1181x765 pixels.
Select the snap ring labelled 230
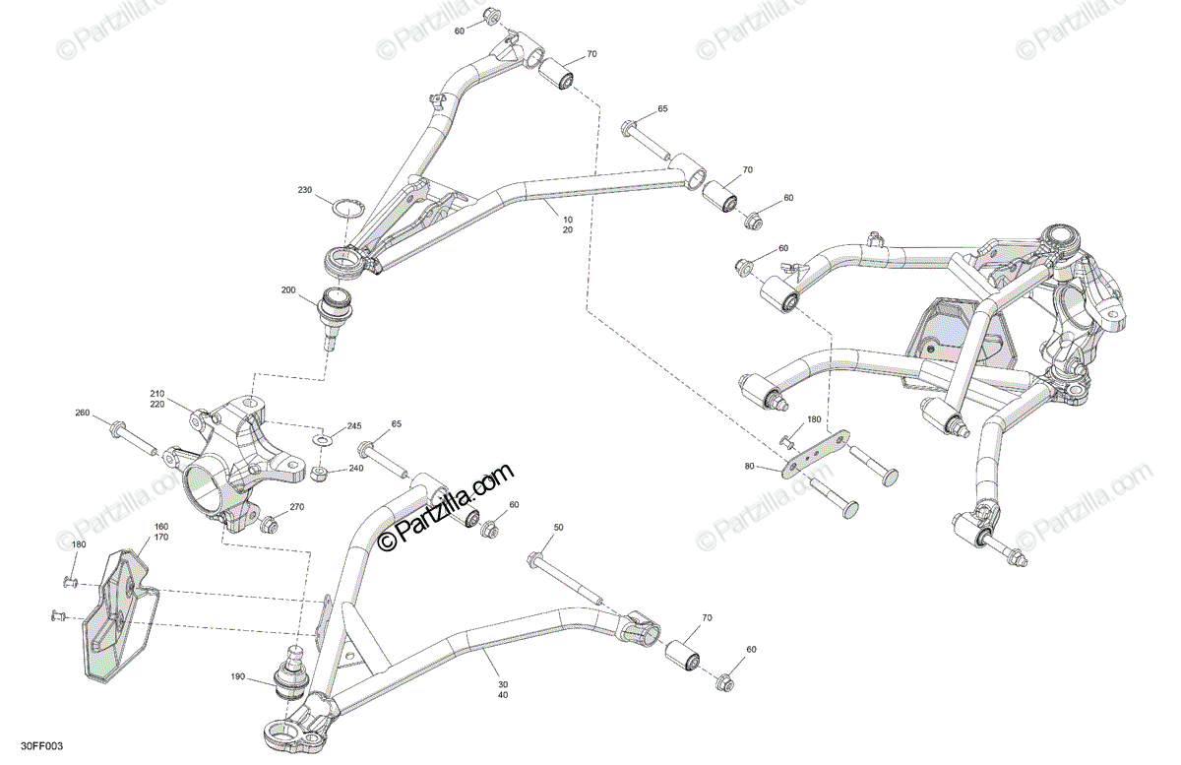(345, 210)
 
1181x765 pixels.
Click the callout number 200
(288, 290)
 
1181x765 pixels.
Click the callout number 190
(236, 677)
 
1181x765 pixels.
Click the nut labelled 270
(267, 525)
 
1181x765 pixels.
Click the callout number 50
(558, 529)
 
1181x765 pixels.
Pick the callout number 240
(355, 469)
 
